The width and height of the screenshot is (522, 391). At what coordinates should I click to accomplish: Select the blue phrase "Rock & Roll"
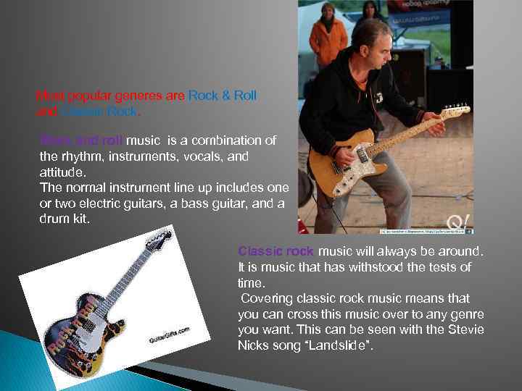(x=223, y=95)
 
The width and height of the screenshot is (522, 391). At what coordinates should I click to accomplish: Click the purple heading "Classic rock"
(x=275, y=251)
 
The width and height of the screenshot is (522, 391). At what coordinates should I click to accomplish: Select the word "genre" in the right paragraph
(x=468, y=314)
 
